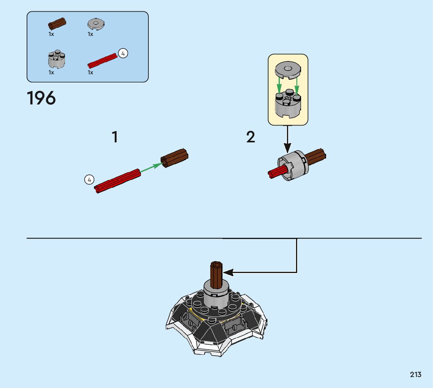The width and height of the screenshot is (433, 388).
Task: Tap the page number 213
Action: (x=416, y=375)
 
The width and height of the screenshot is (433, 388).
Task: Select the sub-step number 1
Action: (x=115, y=137)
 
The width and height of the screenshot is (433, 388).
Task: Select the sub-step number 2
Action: (x=251, y=137)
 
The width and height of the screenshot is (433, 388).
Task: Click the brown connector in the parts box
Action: (x=57, y=23)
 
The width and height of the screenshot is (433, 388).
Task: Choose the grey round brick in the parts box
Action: (x=57, y=59)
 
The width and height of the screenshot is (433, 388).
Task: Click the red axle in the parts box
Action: (x=103, y=60)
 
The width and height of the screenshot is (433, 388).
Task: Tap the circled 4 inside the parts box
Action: (x=123, y=54)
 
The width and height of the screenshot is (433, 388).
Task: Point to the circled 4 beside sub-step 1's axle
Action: (x=89, y=180)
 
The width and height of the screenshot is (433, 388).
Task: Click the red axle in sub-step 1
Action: (x=117, y=181)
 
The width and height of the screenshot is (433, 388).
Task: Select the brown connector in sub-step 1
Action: (x=175, y=158)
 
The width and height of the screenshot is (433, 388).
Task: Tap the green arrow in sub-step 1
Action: (x=151, y=167)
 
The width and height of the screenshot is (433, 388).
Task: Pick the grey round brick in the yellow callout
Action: (x=288, y=104)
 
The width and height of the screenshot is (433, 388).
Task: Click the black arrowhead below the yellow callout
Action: (x=288, y=148)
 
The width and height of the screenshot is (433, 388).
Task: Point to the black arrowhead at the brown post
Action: (x=227, y=272)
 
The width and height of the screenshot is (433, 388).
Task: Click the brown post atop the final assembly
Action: (x=216, y=274)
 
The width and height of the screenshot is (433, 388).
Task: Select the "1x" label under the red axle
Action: (x=90, y=72)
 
